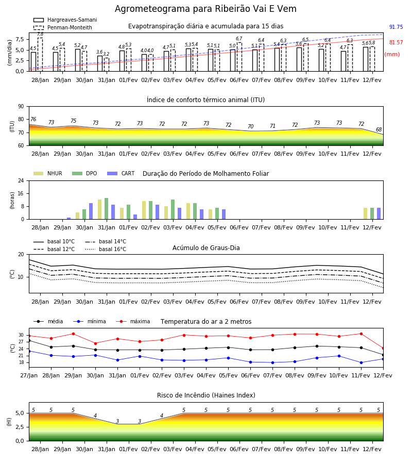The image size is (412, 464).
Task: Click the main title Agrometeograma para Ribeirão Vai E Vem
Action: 205,9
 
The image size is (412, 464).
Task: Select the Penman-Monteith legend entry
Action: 63,27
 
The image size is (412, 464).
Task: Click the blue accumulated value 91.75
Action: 396,27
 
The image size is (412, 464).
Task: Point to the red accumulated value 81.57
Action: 396,42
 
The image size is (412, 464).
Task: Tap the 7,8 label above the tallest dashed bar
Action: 40,35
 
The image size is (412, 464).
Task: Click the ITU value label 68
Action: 379,129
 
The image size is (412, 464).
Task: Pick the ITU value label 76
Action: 33,119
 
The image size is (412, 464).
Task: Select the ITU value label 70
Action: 251,126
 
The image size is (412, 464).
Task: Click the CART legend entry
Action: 121,173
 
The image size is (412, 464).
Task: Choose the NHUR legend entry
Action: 48,173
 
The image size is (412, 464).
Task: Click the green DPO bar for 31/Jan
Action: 107,209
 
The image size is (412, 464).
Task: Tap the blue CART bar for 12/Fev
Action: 379,213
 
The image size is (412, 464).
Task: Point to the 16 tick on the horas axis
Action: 21,193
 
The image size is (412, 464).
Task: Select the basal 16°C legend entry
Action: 106,249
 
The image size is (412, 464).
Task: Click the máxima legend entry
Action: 133,321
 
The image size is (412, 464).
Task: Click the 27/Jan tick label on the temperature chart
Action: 29,375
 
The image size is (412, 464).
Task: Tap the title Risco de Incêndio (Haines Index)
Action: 206,395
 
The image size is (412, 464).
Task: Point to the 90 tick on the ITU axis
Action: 21,107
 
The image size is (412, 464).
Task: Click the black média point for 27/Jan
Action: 29,341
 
